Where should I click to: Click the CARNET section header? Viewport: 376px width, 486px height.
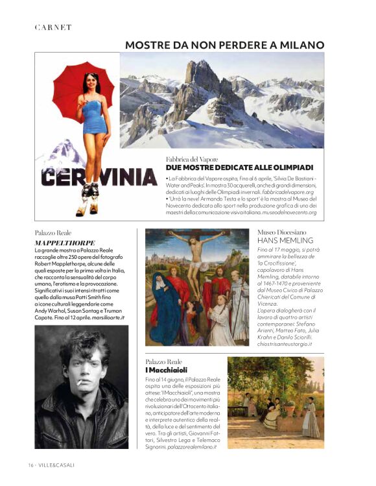click(x=53, y=27)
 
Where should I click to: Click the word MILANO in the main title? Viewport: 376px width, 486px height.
click(x=301, y=45)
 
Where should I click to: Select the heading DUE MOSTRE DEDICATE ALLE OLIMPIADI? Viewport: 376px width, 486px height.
click(x=239, y=167)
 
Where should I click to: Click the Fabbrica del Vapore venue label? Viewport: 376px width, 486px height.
click(x=192, y=158)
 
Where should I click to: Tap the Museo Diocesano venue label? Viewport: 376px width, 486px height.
click(x=282, y=231)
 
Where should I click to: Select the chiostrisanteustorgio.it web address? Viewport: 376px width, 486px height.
click(x=285, y=343)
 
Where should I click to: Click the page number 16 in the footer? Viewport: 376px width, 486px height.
click(x=30, y=465)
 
